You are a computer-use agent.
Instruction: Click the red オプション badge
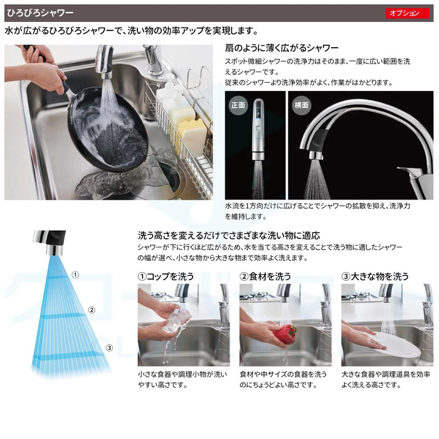point(408,13)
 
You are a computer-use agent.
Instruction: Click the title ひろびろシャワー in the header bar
point(40,13)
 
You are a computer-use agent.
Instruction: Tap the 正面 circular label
point(238,105)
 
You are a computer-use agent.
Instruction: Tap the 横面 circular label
point(301,105)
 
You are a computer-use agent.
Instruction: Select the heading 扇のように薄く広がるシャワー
point(282,48)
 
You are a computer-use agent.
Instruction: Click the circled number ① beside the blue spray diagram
point(75,275)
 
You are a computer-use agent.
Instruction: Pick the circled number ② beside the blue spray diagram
point(92,310)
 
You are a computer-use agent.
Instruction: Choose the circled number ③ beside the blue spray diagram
point(109,347)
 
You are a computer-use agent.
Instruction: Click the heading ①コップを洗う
point(166,277)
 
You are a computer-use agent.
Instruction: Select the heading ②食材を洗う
point(265,277)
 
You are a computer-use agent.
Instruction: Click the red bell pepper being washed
point(285,334)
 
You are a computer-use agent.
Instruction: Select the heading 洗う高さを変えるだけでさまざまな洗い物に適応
point(229,235)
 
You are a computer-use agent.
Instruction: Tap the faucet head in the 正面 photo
point(258,129)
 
